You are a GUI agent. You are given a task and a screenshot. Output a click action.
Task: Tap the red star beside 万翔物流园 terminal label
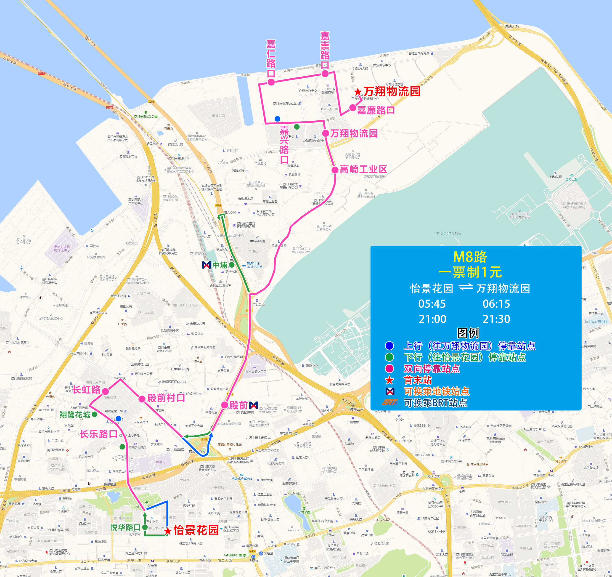point(358,92)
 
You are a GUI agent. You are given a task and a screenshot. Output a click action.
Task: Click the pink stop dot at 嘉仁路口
point(271,82)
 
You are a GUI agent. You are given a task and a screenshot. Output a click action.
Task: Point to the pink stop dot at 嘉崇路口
point(325,74)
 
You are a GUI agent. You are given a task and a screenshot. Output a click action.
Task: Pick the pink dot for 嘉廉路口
point(352,108)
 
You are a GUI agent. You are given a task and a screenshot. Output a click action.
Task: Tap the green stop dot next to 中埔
point(231,265)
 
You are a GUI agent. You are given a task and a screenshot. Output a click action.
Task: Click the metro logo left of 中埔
point(206,265)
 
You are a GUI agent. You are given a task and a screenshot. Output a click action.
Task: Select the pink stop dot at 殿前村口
point(142,399)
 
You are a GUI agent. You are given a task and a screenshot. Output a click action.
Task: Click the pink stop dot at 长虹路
point(105,391)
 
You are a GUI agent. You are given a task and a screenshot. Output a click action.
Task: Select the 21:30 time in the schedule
point(496,319)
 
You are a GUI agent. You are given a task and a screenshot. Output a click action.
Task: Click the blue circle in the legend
point(389,346)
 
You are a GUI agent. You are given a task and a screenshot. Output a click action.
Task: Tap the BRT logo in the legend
point(389,402)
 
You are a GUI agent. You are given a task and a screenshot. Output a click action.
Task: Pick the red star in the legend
point(389,380)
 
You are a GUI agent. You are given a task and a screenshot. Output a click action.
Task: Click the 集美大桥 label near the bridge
point(512,26)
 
